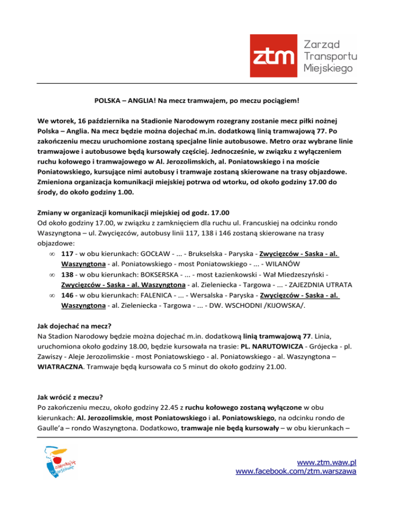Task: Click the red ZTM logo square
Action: coord(273,55)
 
